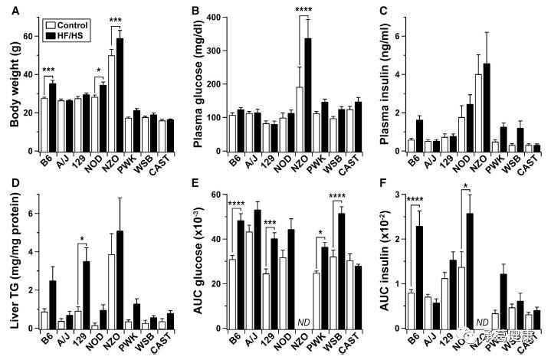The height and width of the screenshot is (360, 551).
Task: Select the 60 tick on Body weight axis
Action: [x=27, y=36]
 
